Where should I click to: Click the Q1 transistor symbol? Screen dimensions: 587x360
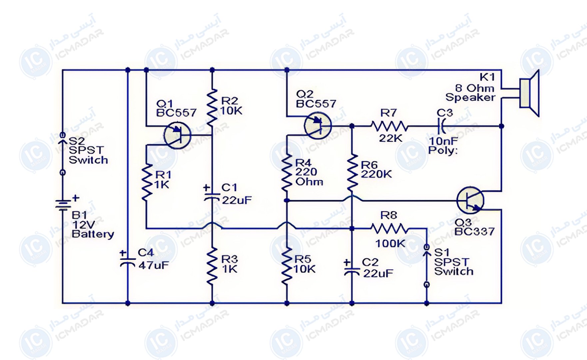[177, 135]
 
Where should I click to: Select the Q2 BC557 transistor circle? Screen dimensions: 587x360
[318, 126]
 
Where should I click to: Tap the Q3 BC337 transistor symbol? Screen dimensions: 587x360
[470, 200]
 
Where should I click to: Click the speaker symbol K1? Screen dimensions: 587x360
[529, 93]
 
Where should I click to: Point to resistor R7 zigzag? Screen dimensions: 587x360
[389, 126]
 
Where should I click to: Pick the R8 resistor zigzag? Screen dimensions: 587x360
[389, 229]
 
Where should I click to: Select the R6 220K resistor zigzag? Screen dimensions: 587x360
[352, 173]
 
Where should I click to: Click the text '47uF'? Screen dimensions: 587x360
[154, 265]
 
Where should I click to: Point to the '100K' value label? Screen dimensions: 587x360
[390, 244]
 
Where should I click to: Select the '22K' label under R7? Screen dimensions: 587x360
[390, 138]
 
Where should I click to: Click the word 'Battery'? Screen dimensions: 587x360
[93, 234]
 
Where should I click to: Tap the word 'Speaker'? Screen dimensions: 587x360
[470, 97]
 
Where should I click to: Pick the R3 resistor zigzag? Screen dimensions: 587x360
[212, 266]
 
